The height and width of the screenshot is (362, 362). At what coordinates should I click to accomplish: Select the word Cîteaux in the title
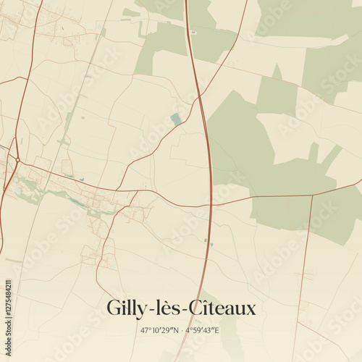pyautogui.click(x=217, y=308)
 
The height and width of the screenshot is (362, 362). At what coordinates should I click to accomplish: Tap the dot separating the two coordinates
pyautogui.click(x=180, y=330)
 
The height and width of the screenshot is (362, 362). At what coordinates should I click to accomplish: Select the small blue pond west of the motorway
pyautogui.click(x=176, y=119)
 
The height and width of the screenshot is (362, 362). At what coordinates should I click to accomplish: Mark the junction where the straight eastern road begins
pyautogui.click(x=313, y=195)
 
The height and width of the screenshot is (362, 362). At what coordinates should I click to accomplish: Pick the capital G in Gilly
pyautogui.click(x=114, y=308)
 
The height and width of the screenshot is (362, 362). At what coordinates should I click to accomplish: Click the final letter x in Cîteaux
pyautogui.click(x=251, y=309)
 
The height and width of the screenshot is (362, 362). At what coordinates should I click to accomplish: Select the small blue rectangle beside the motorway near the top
pyautogui.click(x=193, y=33)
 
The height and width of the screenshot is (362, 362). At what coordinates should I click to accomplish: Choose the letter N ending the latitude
pyautogui.click(x=174, y=330)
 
